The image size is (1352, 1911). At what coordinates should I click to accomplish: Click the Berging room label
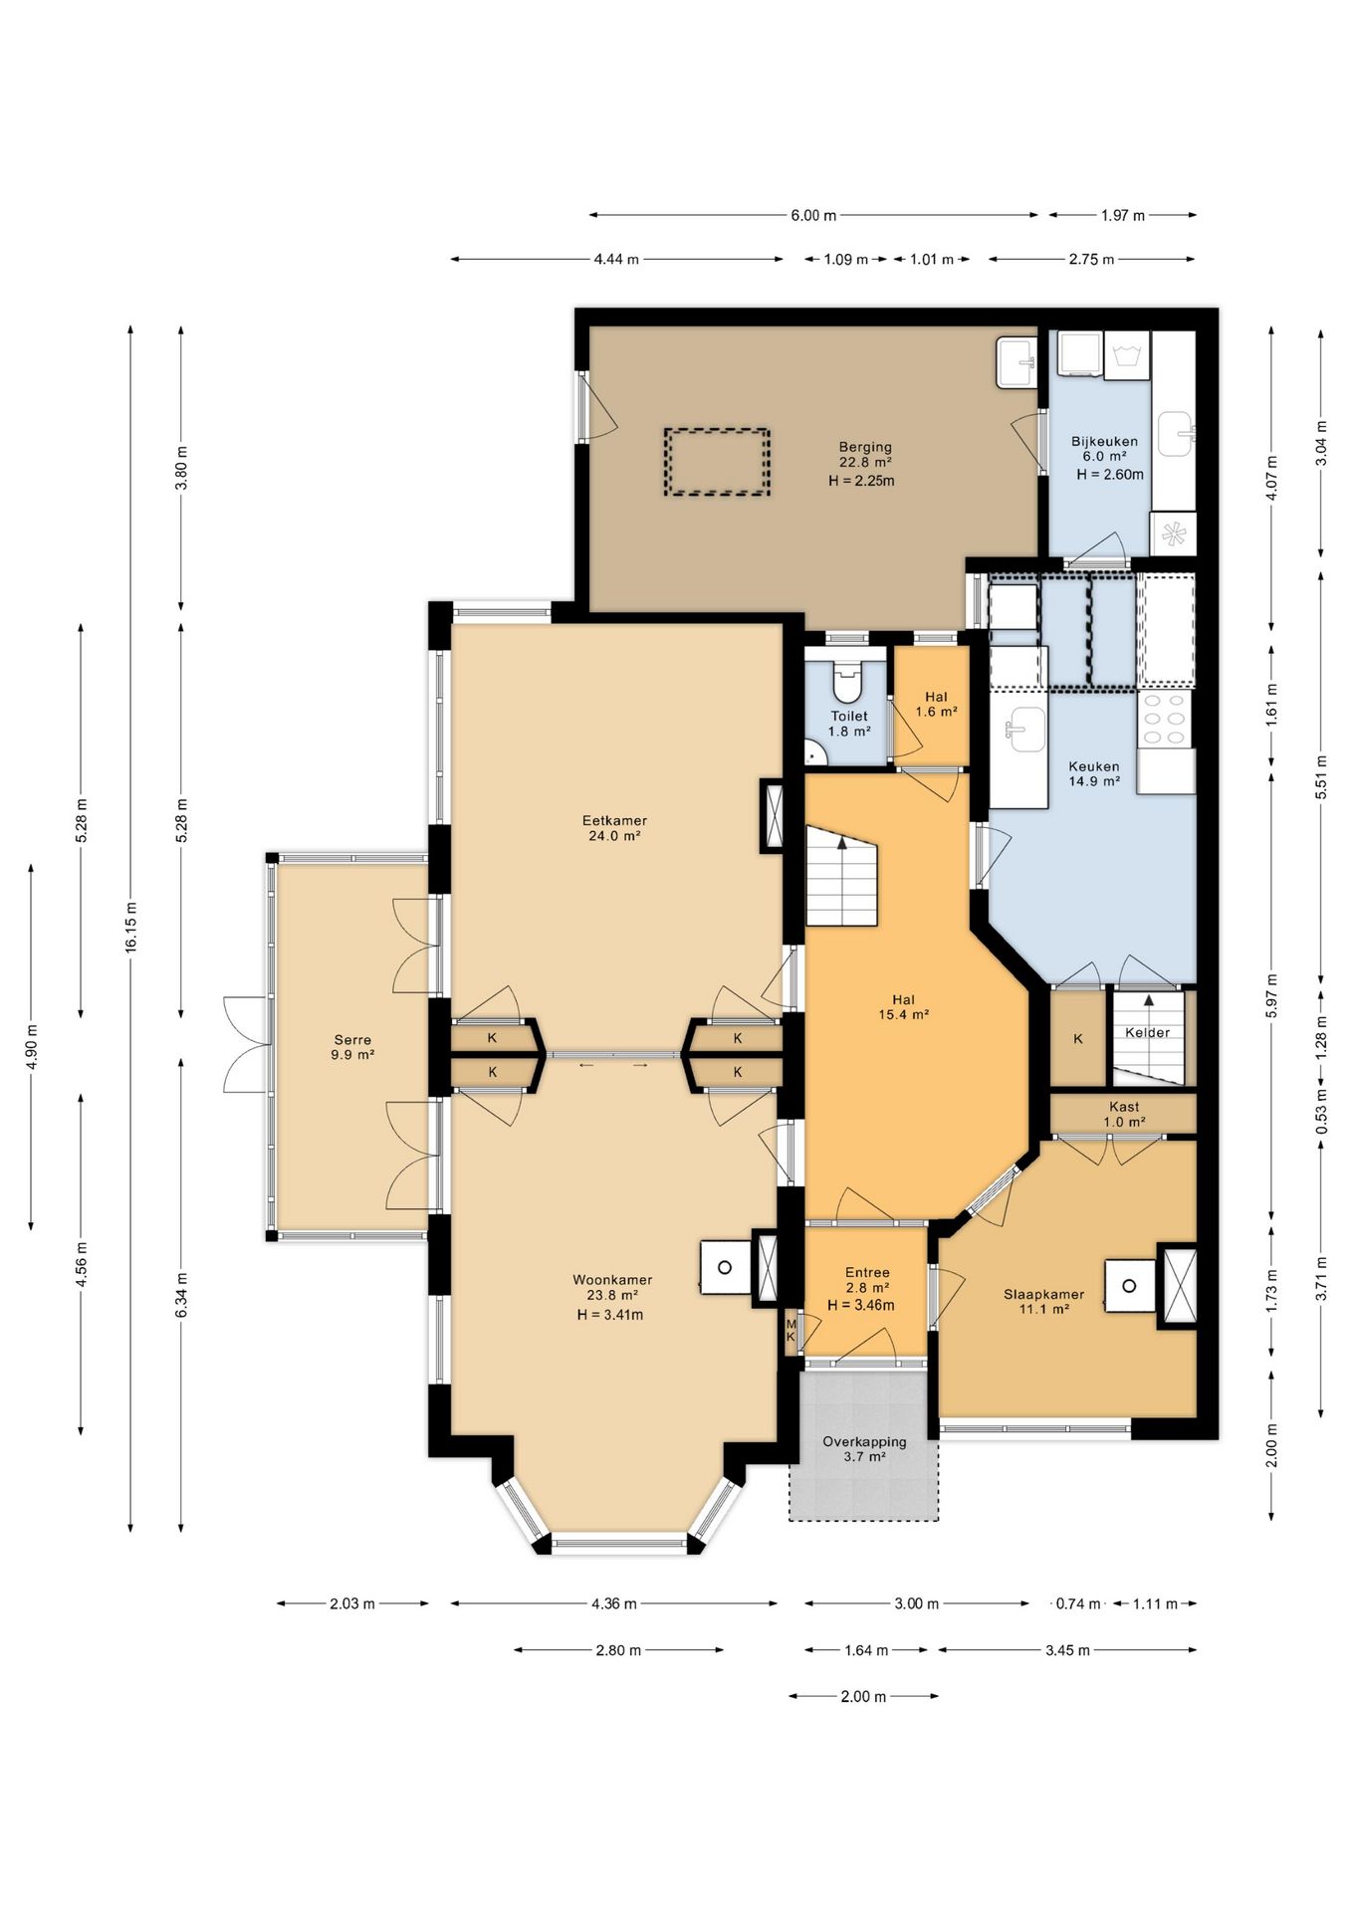864,447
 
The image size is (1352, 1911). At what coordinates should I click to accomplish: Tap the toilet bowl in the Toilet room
847,683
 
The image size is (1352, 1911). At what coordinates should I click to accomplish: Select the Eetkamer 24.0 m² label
614,828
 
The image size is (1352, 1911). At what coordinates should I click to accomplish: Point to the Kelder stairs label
1147,1032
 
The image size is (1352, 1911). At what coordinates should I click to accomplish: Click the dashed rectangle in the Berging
717,462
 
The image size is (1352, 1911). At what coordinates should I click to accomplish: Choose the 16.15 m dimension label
130,927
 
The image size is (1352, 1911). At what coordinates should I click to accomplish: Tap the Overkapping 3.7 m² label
864,1448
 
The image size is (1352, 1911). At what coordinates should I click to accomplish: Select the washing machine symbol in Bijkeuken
1127,354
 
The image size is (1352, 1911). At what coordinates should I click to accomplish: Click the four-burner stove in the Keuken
1166,719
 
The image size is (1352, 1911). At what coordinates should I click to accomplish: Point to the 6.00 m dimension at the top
813,215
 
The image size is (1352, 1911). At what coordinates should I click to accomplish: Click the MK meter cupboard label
791,1330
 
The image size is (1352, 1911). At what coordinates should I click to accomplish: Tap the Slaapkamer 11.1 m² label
1043,1302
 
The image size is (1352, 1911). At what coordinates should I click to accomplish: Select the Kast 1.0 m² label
1124,1114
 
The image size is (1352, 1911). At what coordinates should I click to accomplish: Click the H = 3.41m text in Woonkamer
610,1314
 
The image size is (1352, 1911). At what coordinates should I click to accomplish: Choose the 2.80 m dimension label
618,1650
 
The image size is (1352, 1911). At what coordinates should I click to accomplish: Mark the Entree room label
867,1272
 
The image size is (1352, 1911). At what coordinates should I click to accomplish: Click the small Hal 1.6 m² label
936,704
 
